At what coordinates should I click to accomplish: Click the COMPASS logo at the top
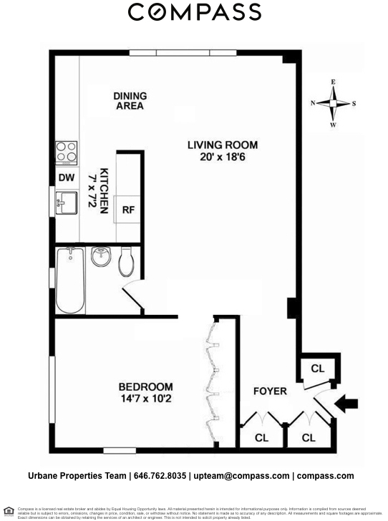pyautogui.click(x=194, y=12)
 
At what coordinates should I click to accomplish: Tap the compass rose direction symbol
pyautogui.click(x=334, y=103)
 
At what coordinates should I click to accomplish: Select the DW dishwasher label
pyautogui.click(x=67, y=177)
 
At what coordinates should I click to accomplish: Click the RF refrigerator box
pyautogui.click(x=129, y=210)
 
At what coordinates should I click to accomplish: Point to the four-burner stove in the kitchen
pyautogui.click(x=67, y=152)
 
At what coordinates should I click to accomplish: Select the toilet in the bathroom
pyautogui.click(x=127, y=263)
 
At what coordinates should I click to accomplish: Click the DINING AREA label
pyautogui.click(x=130, y=101)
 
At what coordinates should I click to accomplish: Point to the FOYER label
pyautogui.click(x=270, y=391)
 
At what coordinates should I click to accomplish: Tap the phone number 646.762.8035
pyautogui.click(x=158, y=476)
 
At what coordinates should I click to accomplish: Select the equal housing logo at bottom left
pyautogui.click(x=9, y=511)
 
